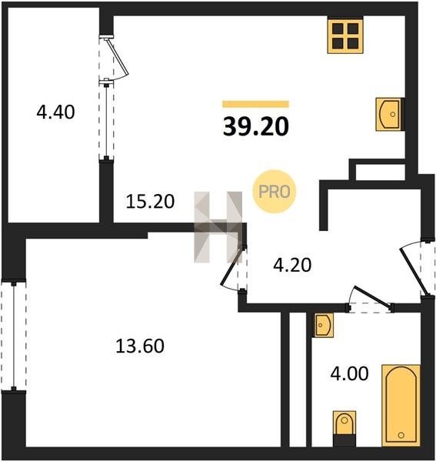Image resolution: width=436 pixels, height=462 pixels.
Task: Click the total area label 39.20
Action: point(256,127)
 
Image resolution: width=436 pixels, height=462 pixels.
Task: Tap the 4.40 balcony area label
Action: point(55,112)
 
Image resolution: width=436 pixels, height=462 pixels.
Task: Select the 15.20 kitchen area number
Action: point(150,202)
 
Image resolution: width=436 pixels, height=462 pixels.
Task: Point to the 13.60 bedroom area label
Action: point(140,346)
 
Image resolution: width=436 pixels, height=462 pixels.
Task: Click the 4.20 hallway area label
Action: point(292,265)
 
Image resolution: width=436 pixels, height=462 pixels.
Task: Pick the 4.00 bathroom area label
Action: point(350,373)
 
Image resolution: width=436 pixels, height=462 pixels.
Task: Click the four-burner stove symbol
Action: point(345,35)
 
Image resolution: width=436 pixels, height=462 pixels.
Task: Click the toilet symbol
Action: point(344,429)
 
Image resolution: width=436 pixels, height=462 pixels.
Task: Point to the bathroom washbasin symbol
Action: point(323,325)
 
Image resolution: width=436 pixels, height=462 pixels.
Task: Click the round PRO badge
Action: point(275,192)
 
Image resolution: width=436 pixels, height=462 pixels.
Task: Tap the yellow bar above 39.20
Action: point(255,104)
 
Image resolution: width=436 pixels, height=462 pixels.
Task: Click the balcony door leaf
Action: point(118,57)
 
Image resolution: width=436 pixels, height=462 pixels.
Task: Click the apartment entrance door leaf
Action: point(413,271)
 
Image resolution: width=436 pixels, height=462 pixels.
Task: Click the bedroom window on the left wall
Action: point(14,335)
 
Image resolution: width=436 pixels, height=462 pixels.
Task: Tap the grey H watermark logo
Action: point(218,227)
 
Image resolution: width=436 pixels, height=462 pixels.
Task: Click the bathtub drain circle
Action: point(401,435)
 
